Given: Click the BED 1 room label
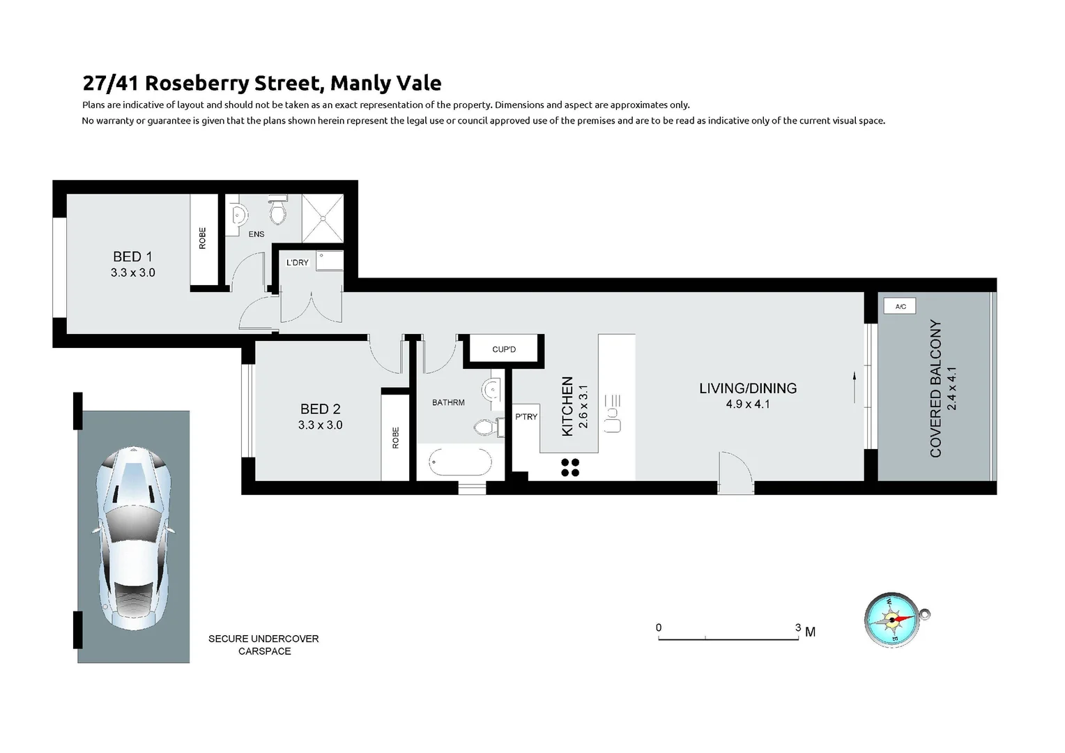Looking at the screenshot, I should click(x=132, y=257).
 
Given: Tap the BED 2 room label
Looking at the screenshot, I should click(x=320, y=409).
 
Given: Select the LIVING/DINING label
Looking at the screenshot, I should click(x=748, y=388).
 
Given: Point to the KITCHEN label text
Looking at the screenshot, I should click(x=567, y=406).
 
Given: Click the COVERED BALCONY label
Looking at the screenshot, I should click(x=935, y=388).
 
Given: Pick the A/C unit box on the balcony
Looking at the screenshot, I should click(x=900, y=306).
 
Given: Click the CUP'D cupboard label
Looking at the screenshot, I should click(x=504, y=349).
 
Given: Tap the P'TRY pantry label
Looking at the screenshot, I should click(x=526, y=417).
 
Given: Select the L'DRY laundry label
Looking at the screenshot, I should click(x=298, y=263).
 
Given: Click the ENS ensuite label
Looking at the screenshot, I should click(x=256, y=234).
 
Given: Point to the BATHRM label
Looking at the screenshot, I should click(x=448, y=402).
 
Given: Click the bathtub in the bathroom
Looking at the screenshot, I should click(x=460, y=462).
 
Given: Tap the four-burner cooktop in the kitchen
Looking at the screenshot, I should click(x=570, y=467).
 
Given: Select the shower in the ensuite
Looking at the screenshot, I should click(x=323, y=218).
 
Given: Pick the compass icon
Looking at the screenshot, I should click(x=894, y=620).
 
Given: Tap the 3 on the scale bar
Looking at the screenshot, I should click(x=798, y=627).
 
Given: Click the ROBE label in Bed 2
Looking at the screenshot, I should click(x=396, y=437).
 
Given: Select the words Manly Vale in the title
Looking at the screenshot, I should click(x=385, y=83).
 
